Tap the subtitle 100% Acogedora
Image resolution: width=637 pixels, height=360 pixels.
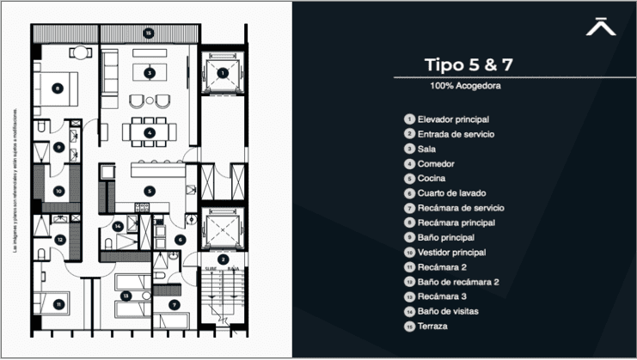pyautogui.click(x=466, y=86)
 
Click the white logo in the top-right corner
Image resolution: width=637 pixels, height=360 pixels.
pyautogui.click(x=601, y=27)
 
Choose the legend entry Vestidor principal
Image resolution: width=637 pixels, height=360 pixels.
pyautogui.click(x=451, y=253)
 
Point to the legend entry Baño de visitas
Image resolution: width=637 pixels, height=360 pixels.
pyautogui.click(x=447, y=312)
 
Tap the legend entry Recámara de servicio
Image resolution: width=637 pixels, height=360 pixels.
pyautogui.click(x=460, y=208)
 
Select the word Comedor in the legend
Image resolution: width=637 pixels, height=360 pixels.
pyautogui.click(x=436, y=163)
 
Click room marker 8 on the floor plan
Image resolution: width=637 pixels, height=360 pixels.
pyautogui.click(x=58, y=87)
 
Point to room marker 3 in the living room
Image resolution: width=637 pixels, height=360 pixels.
pyautogui.click(x=150, y=73)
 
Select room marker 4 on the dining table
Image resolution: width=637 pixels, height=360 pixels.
pyautogui.click(x=150, y=132)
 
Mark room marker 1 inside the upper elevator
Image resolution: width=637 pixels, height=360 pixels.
pyautogui.click(x=223, y=73)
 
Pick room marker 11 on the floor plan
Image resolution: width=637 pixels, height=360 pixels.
pyautogui.click(x=58, y=303)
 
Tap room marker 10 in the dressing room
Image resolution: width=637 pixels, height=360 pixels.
pyautogui.click(x=58, y=191)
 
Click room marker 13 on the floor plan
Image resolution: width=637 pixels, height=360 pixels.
pyautogui.click(x=126, y=296)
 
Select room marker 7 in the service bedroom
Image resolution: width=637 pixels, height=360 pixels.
pyautogui.click(x=174, y=303)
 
